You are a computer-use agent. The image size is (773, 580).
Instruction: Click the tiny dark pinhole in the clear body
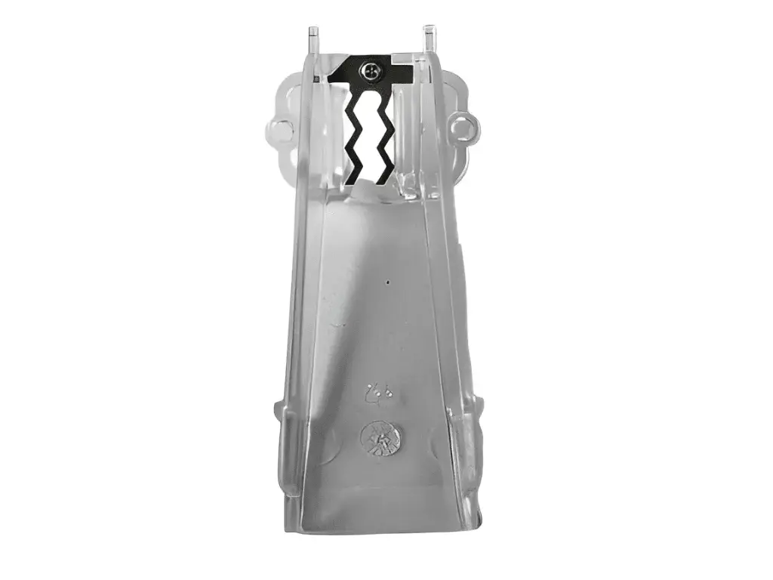click(x=388, y=283)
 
